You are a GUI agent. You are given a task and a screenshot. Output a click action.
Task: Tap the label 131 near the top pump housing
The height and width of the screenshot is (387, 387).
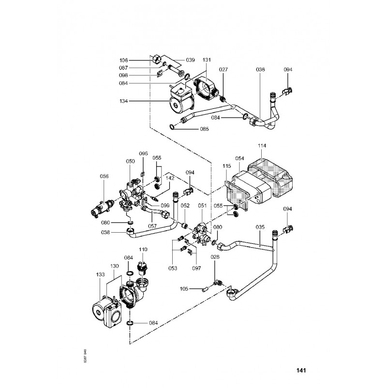click(207, 60)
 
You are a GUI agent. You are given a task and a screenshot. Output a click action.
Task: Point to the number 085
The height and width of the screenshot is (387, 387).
click(204, 129)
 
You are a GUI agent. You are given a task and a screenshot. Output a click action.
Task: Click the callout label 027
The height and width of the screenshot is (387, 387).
click(223, 70)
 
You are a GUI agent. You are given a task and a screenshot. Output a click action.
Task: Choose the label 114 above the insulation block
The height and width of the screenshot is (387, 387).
click(262, 146)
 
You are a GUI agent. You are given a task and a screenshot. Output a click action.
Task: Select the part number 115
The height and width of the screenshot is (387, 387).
click(227, 166)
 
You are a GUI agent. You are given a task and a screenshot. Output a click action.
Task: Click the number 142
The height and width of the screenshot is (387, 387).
click(170, 178)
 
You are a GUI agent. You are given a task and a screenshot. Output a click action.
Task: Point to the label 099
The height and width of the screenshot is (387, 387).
click(165, 206)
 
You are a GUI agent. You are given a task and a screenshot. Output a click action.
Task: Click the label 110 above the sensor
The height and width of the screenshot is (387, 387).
click(143, 249)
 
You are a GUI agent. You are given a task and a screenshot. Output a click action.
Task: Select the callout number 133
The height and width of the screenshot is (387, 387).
click(101, 274)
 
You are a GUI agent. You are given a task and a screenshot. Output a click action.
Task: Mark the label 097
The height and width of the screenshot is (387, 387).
click(197, 268)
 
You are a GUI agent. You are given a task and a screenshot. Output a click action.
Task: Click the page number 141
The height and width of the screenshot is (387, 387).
click(301, 371)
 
